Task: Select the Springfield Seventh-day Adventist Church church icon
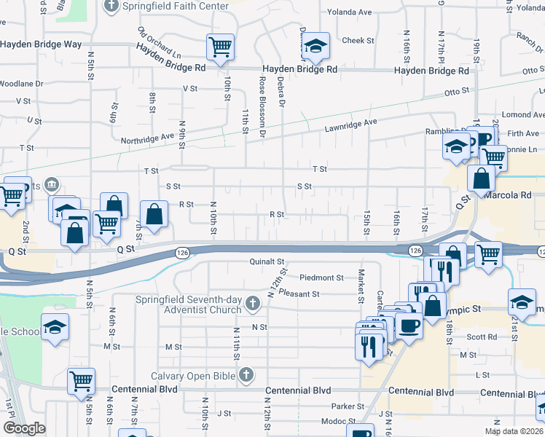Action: click(x=253, y=302)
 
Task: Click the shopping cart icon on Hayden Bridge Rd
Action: click(x=220, y=47)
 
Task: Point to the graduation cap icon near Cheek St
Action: click(x=315, y=47)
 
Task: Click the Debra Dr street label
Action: click(x=281, y=92)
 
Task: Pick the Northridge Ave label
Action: click(x=148, y=136)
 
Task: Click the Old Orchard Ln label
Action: click(x=158, y=43)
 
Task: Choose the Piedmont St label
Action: click(x=321, y=277)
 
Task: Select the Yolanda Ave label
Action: click(x=349, y=12)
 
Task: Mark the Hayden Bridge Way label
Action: click(x=41, y=44)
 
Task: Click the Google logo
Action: click(x=23, y=428)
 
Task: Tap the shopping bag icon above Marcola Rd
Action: click(x=482, y=178)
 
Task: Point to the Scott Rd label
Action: click(x=482, y=337)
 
